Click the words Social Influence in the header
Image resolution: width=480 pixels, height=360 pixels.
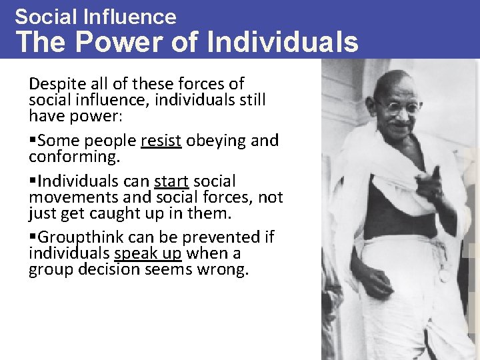point(95,17)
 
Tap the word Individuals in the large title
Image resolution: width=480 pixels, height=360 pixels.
point(283,42)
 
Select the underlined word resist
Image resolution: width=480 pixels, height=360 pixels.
point(161,141)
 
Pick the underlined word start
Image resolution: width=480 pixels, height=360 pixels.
point(172,181)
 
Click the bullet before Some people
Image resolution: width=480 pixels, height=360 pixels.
point(33,141)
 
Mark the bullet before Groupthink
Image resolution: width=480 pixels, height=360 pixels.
point(33,238)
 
